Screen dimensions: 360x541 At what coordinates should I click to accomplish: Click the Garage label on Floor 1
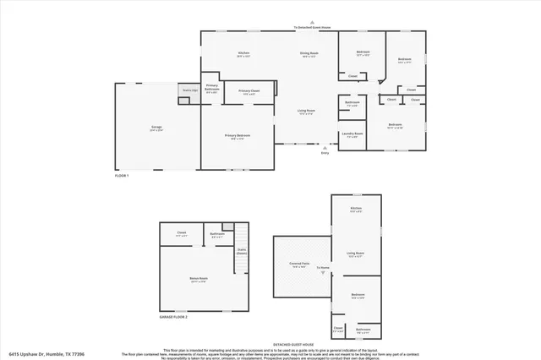coord(156,128)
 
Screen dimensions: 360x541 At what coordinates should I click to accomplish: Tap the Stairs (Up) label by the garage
coord(189,90)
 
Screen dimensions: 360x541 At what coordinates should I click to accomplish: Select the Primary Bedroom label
coord(238,136)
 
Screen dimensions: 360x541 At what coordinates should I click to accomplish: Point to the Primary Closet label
coord(249,91)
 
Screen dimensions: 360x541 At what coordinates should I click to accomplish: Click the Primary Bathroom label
coord(211,88)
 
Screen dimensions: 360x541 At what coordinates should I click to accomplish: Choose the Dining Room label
coord(309,54)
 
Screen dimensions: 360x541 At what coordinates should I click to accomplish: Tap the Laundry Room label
coord(352,134)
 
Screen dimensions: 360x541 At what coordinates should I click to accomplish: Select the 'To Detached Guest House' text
coord(314,27)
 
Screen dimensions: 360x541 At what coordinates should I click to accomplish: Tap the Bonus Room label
coord(199,278)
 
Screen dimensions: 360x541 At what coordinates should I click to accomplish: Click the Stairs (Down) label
coord(241,250)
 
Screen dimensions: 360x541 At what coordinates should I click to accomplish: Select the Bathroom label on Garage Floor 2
coord(216,235)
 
